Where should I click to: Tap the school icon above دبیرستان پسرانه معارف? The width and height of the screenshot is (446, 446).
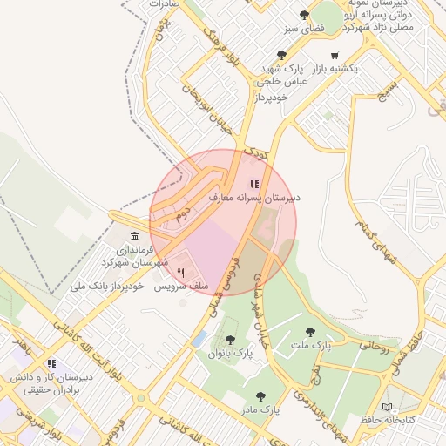click(254, 184)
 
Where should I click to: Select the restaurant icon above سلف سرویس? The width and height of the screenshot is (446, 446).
click(180, 273)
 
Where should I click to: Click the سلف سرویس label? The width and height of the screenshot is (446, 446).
click(180, 286)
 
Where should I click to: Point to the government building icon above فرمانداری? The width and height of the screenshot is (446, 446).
click(133, 237)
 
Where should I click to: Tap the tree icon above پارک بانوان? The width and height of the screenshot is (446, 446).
click(230, 340)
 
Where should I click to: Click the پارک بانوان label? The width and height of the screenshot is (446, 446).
click(230, 354)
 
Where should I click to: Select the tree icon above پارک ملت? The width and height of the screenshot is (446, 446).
click(311, 332)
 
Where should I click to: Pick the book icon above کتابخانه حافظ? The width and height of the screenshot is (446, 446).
click(387, 407)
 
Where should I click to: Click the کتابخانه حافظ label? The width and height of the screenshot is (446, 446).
click(386, 421)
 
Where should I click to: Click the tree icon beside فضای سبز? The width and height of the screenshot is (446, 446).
click(304, 15)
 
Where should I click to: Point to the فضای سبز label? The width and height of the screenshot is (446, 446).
click(283, 28)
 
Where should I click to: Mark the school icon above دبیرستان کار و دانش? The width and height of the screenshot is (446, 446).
click(51, 363)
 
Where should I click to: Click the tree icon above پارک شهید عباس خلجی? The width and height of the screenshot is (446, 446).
click(282, 54)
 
